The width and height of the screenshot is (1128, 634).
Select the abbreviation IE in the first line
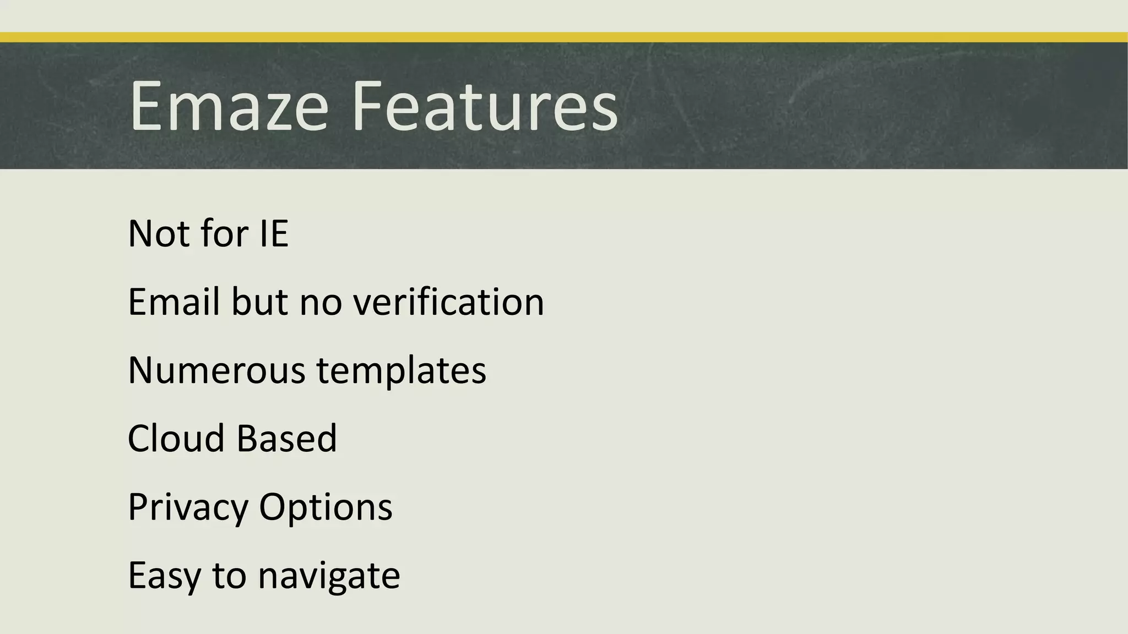point(274,234)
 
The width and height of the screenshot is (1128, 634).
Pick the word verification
point(448,302)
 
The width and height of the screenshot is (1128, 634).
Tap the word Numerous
point(216,370)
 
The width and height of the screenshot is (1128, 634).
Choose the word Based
point(286,439)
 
